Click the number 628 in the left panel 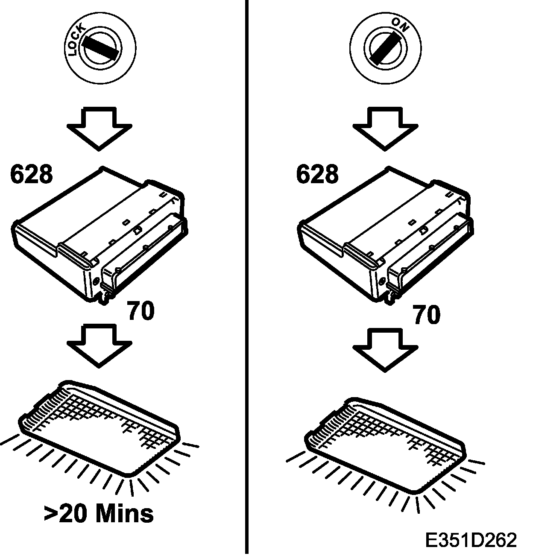click(32, 174)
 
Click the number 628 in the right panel click(317, 174)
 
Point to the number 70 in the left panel click(141, 311)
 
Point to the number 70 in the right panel click(426, 316)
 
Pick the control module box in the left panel click(98, 235)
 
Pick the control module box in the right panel click(384, 235)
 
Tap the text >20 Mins click(99, 514)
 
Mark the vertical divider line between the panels click(247, 278)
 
